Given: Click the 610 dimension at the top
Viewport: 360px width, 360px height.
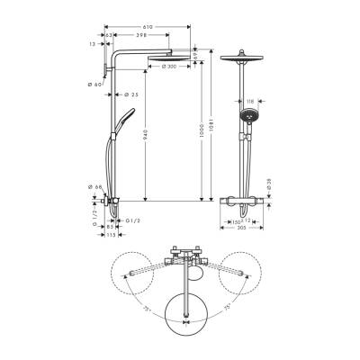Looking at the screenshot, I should click(149, 27).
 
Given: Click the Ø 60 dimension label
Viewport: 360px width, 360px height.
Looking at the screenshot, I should click(98, 84).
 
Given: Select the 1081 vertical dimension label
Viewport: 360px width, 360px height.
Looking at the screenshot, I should click(206, 118).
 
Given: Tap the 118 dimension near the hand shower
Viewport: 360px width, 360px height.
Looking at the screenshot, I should click(253, 103).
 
